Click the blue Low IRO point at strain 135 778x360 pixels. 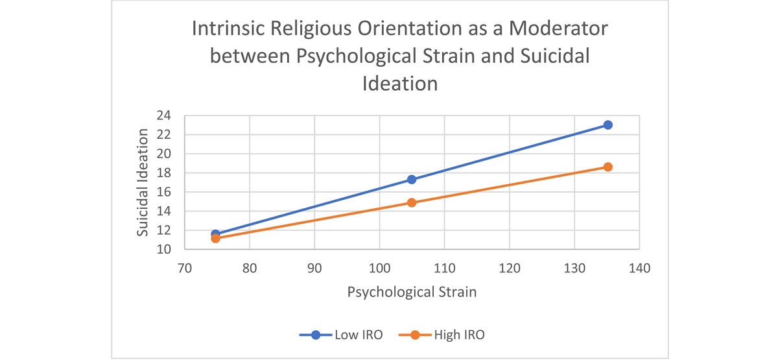pyautogui.click(x=607, y=125)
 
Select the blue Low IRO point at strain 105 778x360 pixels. pyautogui.click(x=412, y=180)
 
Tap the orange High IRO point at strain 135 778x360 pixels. pyautogui.click(x=607, y=167)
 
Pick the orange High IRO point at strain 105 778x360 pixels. pyautogui.click(x=412, y=202)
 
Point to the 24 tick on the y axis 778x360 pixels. pyautogui.click(x=163, y=115)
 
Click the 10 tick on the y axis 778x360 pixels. pyautogui.click(x=163, y=249)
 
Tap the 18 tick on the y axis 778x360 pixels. pyautogui.click(x=163, y=173)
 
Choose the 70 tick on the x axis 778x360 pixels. pyautogui.click(x=185, y=267)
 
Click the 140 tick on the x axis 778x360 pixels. pyautogui.click(x=640, y=267)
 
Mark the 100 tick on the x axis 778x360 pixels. pyautogui.click(x=379, y=267)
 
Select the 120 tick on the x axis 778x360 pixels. pyautogui.click(x=510, y=267)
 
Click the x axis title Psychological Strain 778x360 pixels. pyautogui.click(x=412, y=292)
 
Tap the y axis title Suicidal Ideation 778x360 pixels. pyautogui.click(x=143, y=182)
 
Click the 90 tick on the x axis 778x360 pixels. pyautogui.click(x=314, y=267)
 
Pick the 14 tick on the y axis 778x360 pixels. pyautogui.click(x=163, y=211)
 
